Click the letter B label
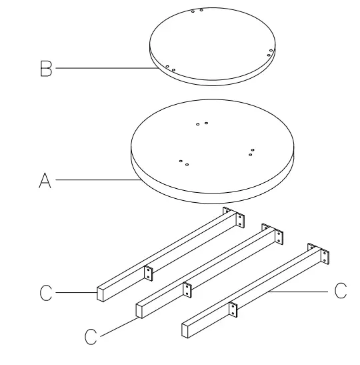click(46, 68)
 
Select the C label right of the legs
click(340, 292)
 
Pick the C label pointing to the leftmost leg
click(46, 292)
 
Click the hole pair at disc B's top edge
click(197, 11)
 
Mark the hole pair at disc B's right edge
click(270, 51)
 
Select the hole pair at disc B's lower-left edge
click(170, 68)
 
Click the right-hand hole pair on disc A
click(251, 151)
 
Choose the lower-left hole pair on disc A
click(184, 161)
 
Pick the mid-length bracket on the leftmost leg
click(148, 272)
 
